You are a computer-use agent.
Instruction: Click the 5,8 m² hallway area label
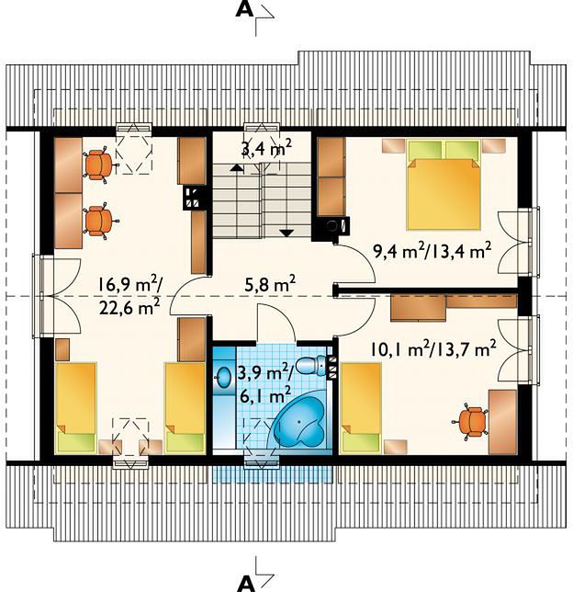pos(270,284)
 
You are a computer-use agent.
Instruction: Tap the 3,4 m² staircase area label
pos(266,148)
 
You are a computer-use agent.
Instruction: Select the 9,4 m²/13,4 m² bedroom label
pos(432,250)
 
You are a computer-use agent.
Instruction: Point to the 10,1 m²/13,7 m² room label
pos(433,349)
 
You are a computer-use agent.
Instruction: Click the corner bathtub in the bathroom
pos(300,423)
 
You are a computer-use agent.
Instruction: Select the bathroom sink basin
pos(225,377)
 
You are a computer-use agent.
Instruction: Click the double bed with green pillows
pos(444,184)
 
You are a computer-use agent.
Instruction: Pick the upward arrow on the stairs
pos(237,167)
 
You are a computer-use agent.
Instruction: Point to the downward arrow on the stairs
pos(287,233)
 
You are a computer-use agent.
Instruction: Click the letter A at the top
pos(244,10)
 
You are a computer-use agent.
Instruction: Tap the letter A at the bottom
pos(246,584)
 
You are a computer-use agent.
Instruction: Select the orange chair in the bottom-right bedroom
pos(472,422)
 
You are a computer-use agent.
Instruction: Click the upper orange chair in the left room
pos(99,165)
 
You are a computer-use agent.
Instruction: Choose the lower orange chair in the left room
pos(99,221)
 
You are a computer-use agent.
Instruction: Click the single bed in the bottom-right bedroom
pos(360,408)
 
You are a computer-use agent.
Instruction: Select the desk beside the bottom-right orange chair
pos(502,422)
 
